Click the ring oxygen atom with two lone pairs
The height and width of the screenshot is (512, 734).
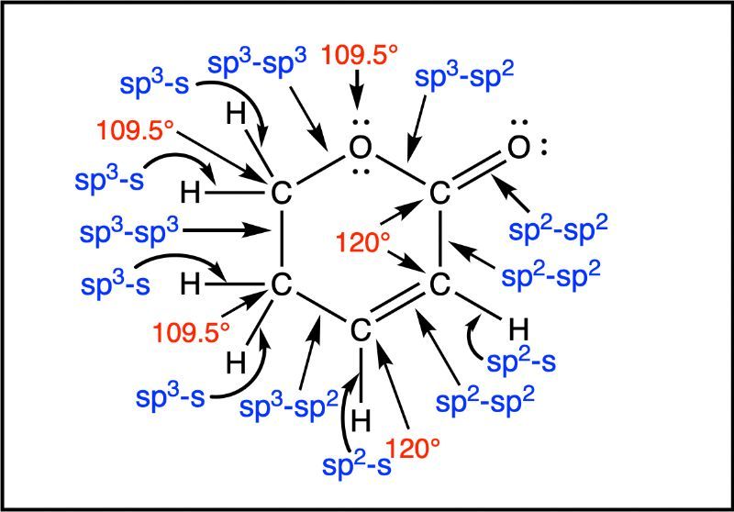click(x=360, y=148)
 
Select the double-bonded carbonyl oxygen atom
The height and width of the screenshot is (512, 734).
click(x=518, y=148)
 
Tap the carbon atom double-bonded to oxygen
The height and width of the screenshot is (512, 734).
click(x=439, y=194)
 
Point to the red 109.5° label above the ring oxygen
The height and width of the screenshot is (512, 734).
click(x=360, y=56)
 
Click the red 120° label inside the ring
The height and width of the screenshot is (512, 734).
click(x=363, y=243)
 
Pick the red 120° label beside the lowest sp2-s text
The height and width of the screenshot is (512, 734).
click(x=413, y=449)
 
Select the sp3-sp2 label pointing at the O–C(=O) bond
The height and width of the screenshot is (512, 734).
click(x=464, y=76)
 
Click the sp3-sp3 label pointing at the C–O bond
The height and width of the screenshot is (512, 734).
click(x=257, y=62)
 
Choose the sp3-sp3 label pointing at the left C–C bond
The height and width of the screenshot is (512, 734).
click(x=129, y=231)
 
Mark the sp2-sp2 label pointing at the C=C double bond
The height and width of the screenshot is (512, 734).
click(x=485, y=400)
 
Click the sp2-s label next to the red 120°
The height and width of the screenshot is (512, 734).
click(x=357, y=463)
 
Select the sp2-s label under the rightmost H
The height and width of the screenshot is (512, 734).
click(x=521, y=361)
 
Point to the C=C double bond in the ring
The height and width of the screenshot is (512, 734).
click(x=400, y=306)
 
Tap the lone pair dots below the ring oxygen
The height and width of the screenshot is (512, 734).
click(x=361, y=172)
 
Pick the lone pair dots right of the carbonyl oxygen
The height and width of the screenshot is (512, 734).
click(x=543, y=148)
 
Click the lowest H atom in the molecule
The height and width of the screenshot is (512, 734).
click(x=361, y=421)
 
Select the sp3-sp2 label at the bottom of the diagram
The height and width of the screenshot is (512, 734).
click(x=289, y=406)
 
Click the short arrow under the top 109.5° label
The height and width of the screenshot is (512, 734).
click(x=358, y=89)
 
